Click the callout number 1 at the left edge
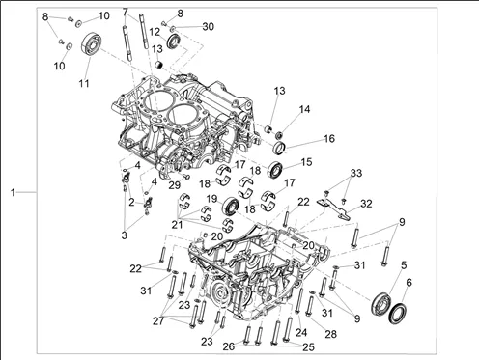(x=13, y=193)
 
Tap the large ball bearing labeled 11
(x=91, y=44)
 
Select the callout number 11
(x=84, y=83)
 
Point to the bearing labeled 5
(x=380, y=304)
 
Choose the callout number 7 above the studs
(x=126, y=13)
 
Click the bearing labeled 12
(x=174, y=42)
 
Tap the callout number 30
(x=209, y=26)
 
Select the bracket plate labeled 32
(x=333, y=208)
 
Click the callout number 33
(x=356, y=173)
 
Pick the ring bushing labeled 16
(x=279, y=147)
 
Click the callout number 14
(x=304, y=109)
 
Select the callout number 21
(x=177, y=225)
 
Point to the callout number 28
(x=330, y=334)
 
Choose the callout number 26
(x=229, y=346)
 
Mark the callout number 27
(x=158, y=320)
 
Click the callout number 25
(x=308, y=347)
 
